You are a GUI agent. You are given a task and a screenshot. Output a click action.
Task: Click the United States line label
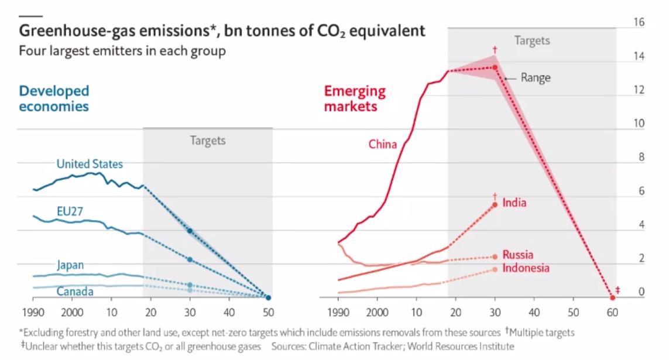coord(90,164)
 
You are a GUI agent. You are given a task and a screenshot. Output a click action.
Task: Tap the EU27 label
coord(70,211)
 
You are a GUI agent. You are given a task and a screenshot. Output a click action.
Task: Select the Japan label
coord(70,265)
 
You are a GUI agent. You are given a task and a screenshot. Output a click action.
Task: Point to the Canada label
coord(74,291)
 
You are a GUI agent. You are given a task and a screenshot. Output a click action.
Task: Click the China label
coord(382,144)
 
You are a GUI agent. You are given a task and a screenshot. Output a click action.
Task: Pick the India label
coord(514,203)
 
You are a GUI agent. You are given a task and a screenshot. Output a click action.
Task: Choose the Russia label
coord(517,255)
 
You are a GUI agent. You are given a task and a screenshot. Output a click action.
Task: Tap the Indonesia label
coord(526,268)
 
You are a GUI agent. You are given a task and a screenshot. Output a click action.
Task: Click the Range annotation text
coord(535,77)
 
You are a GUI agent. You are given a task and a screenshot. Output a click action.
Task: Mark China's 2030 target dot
coord(495,67)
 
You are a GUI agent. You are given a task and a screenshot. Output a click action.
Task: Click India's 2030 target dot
coord(495,204)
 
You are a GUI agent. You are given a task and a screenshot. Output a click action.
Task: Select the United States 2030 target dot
coord(190,231)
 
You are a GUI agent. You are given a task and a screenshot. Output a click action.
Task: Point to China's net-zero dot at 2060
coord(612,297)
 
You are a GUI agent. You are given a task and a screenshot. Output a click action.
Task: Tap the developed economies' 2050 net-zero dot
coord(268,297)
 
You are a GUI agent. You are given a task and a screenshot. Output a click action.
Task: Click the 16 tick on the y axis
coord(639,22)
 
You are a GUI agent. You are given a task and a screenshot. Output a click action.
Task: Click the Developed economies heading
coord(54,98)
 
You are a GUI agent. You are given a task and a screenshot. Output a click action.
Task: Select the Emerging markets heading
coord(355,98)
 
